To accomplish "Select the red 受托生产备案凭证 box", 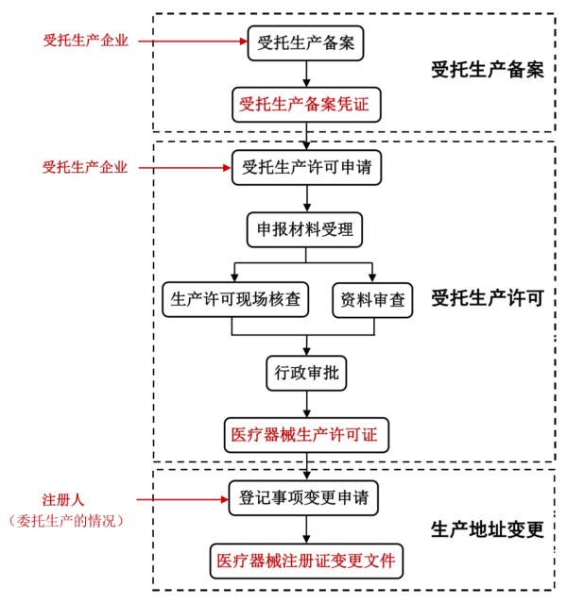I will [x=305, y=104].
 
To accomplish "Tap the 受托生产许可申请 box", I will [x=305, y=168].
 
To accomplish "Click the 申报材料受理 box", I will [x=305, y=229].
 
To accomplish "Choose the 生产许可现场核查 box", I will [x=236, y=299].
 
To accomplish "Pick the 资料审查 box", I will [x=373, y=299].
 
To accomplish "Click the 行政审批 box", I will [x=305, y=373].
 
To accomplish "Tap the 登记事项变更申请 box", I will [x=305, y=496].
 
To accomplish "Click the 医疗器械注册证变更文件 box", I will [x=305, y=560].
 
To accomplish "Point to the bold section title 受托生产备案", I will [x=487, y=70].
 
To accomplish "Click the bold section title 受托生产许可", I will [x=487, y=299].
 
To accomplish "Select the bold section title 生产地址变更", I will [x=487, y=528].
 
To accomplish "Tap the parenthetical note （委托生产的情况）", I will [x=66, y=520].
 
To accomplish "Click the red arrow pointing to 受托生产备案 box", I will [x=194, y=42].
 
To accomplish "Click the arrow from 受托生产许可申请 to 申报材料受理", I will [x=305, y=198].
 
